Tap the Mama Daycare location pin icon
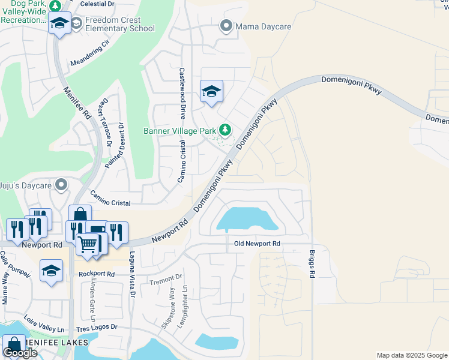click(x=226, y=26)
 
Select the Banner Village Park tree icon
click(x=225, y=130)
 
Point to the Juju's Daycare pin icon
click(x=61, y=185)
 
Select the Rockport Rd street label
click(x=97, y=274)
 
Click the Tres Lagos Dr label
click(x=97, y=328)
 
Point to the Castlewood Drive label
click(x=182, y=93)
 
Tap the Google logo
click(x=20, y=353)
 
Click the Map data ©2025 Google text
click(x=412, y=355)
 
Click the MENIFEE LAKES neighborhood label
click(x=57, y=343)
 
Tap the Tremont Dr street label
click(x=166, y=278)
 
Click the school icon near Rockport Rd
click(x=52, y=271)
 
